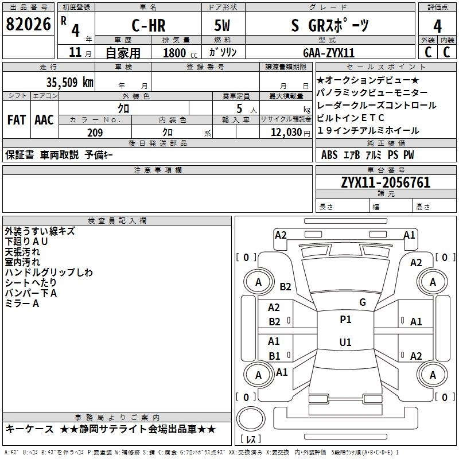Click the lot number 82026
[x=28, y=24]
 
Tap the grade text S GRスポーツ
[x=329, y=25]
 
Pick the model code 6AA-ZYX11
[x=329, y=53]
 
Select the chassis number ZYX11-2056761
[x=386, y=182]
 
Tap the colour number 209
[x=95, y=132]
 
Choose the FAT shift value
[x=16, y=120]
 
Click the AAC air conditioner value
[x=44, y=120]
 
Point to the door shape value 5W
[x=224, y=25]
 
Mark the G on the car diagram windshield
[x=362, y=302]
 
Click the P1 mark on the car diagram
[x=345, y=320]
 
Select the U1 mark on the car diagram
[x=345, y=342]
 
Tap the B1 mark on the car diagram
[x=274, y=356]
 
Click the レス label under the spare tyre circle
[x=252, y=439]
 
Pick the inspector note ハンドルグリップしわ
[x=49, y=273]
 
